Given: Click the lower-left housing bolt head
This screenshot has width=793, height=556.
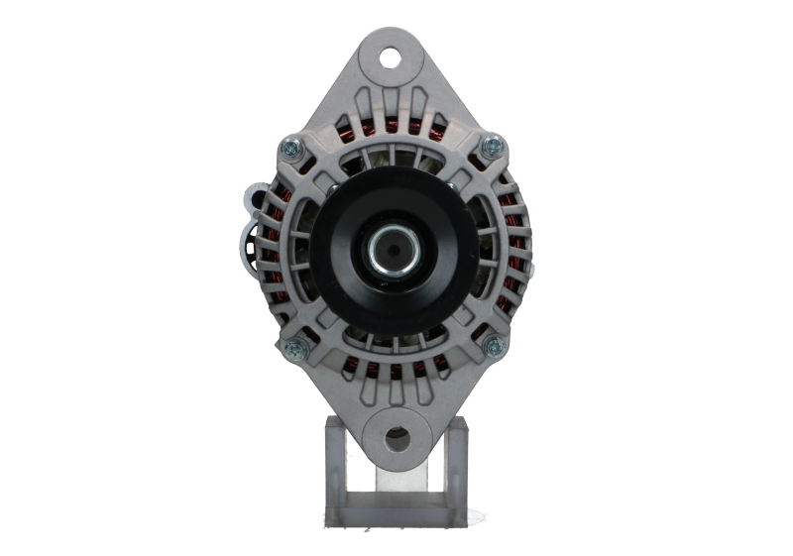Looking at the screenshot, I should (x=295, y=347).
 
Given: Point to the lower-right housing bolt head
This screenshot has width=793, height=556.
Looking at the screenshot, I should (x=492, y=346).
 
